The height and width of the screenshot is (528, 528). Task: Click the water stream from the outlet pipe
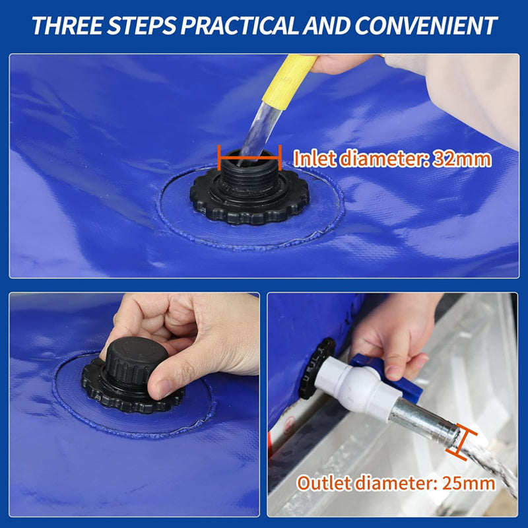click(488, 462)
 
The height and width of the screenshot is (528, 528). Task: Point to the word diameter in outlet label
click(393, 482)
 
